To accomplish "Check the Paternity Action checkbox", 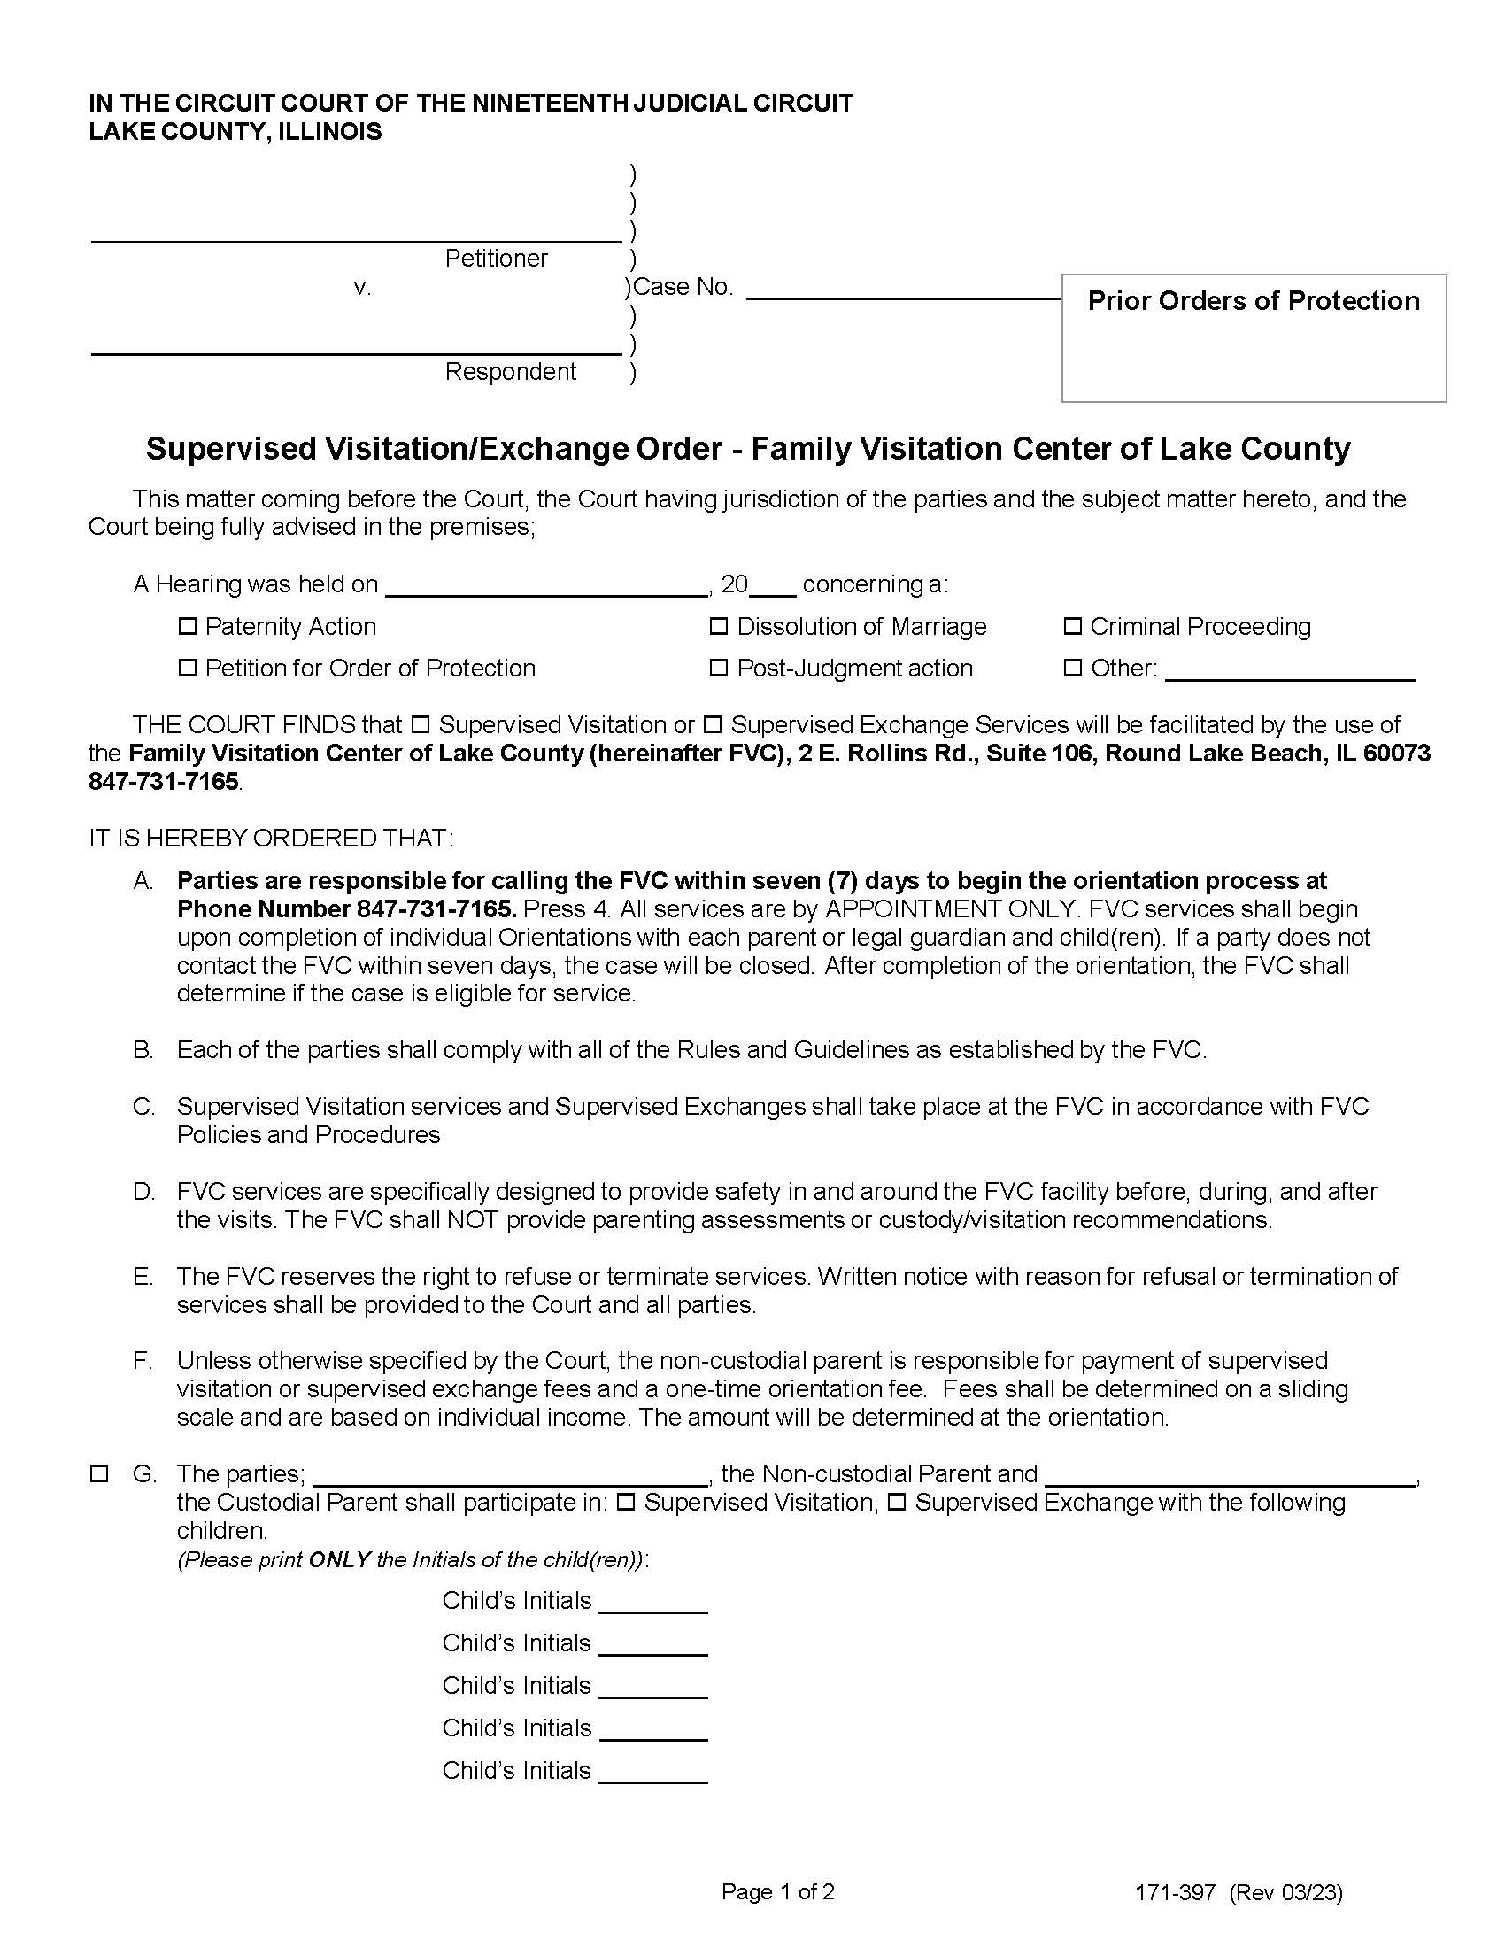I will coord(187,627).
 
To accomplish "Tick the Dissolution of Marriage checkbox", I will coord(718,627).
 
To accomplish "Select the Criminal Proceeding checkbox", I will coord(1073,627).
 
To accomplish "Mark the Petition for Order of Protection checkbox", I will coord(187,668).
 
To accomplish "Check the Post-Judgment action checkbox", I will coord(718,668).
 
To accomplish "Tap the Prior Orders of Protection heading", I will coord(1253,301).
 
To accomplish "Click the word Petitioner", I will coord(496,259).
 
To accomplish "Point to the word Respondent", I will coord(510,372).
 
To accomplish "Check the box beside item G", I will coord(99,1474).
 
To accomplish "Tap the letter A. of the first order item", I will coord(143,881).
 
